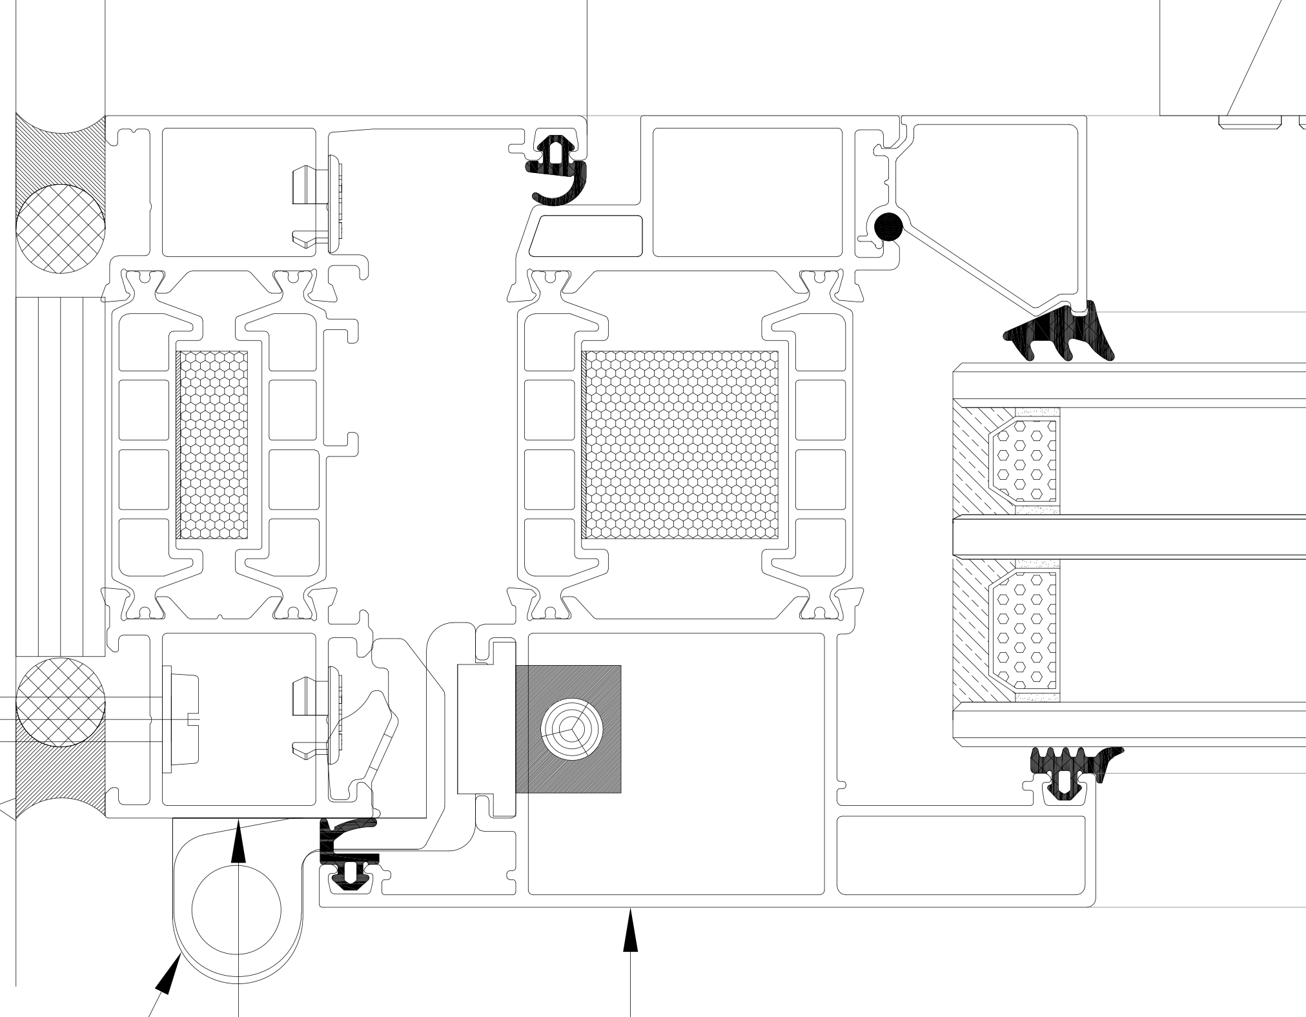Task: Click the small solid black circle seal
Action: coord(889,227)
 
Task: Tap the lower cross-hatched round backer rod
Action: coord(59,702)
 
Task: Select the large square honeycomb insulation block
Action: coord(680,445)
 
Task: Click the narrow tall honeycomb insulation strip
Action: coord(212,445)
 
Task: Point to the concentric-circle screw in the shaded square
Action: coord(572,729)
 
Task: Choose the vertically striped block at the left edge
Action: coord(59,478)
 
